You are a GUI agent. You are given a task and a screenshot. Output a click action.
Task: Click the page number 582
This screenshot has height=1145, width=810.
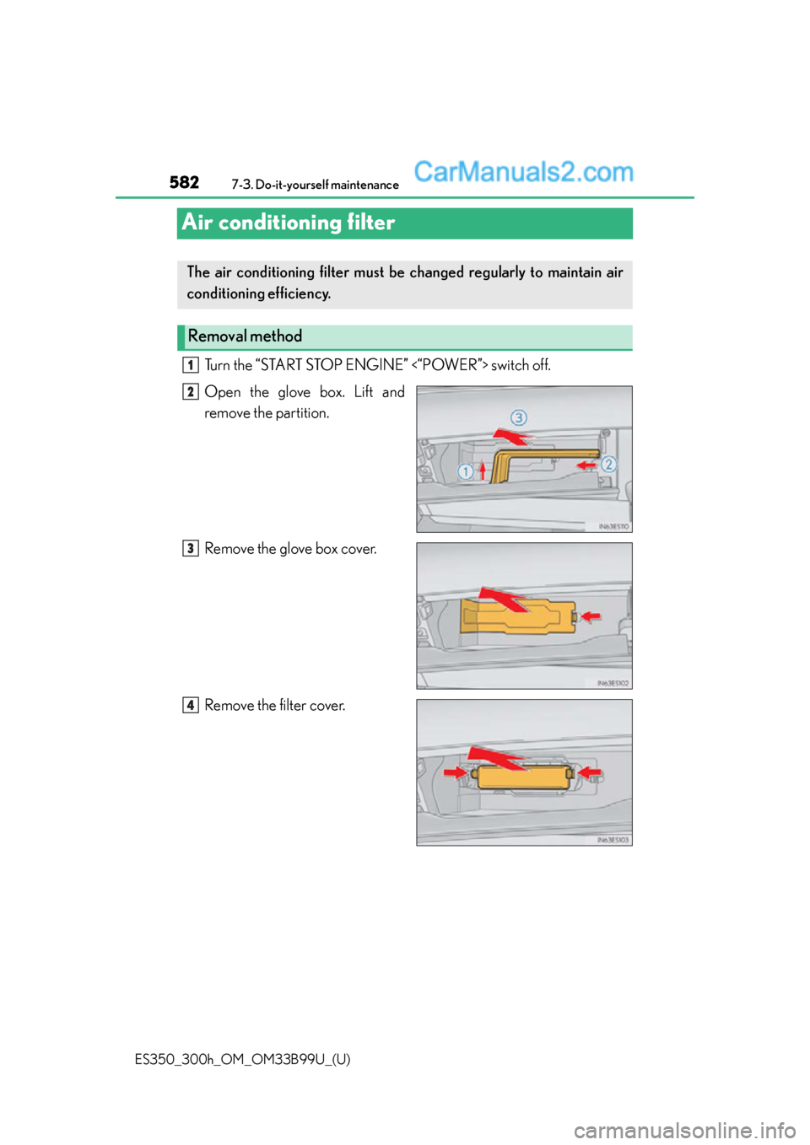pos(184,182)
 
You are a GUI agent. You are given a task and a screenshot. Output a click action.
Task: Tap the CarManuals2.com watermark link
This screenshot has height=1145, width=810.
pos(523,172)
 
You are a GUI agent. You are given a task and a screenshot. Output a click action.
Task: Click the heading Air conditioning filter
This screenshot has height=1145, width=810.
pos(289,223)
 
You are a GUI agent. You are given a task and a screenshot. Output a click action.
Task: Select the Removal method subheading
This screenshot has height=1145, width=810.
pos(245,336)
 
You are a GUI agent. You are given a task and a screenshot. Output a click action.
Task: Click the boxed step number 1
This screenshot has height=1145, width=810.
pos(191,365)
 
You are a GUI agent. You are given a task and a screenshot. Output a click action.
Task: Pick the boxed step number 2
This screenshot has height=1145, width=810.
pos(191,392)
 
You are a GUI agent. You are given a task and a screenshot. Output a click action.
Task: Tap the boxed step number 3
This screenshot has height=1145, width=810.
pos(191,549)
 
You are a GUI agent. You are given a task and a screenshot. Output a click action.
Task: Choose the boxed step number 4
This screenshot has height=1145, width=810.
pos(191,706)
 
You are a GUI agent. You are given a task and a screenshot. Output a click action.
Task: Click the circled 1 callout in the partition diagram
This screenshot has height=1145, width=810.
pos(465,471)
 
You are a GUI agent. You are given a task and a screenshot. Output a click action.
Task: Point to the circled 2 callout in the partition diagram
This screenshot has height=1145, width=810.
pos(608,465)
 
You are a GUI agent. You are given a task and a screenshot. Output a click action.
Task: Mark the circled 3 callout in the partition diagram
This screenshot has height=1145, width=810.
pos(519,417)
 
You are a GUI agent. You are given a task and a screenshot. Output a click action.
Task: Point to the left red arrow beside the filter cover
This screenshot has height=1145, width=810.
pos(456,771)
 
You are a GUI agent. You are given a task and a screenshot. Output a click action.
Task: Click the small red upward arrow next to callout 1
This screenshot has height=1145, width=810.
pos(483,470)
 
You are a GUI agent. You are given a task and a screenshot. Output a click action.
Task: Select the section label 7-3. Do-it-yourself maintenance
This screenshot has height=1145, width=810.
pos(315,185)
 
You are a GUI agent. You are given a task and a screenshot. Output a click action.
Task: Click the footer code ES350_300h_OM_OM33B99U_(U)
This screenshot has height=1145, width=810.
pos(242,1059)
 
